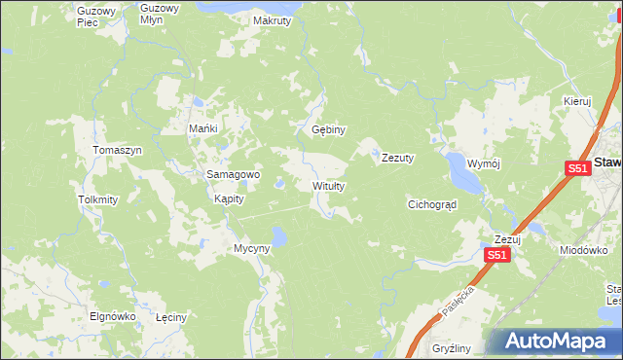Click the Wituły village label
tap(328, 185)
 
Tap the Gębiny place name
tap(329, 129)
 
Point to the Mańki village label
tap(202, 128)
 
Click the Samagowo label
tap(232, 174)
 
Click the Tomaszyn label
tap(117, 150)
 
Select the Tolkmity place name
tap(97, 199)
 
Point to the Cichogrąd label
tap(432, 204)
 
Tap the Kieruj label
tap(577, 100)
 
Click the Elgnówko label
tap(112, 316)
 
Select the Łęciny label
tap(171, 317)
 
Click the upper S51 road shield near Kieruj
tap(577, 168)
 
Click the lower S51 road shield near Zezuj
tap(496, 255)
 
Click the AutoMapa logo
tap(558, 341)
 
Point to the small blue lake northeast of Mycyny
tap(279, 235)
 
